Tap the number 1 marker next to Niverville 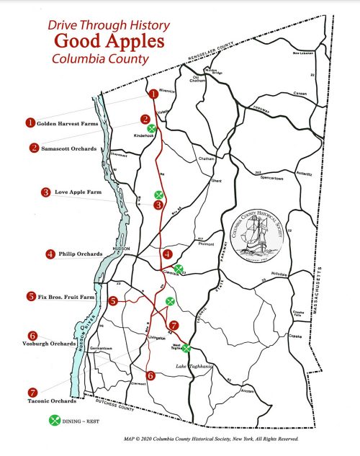153,94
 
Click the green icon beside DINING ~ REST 53,421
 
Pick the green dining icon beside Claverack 179,269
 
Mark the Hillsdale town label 278,275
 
